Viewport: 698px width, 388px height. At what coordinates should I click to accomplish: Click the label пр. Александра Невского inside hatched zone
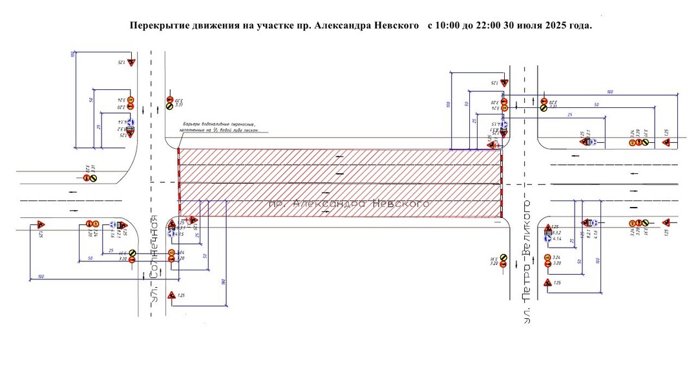tap(349, 204)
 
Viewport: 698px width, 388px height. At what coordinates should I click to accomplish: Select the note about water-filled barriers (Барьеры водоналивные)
tap(219, 127)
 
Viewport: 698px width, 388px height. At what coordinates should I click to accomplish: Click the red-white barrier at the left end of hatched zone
tap(178, 183)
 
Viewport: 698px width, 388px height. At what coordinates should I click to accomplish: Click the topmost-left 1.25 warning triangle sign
tap(130, 63)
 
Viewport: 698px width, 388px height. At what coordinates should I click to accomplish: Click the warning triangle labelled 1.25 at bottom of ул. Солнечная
tap(171, 296)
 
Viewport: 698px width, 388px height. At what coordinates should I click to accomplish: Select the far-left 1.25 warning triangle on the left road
tap(40, 224)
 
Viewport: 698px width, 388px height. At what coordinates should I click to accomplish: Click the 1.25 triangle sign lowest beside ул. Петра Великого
tap(547, 283)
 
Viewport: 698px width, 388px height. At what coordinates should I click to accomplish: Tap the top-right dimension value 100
tap(609, 92)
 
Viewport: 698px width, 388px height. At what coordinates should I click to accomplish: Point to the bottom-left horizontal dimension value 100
tap(42, 276)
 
